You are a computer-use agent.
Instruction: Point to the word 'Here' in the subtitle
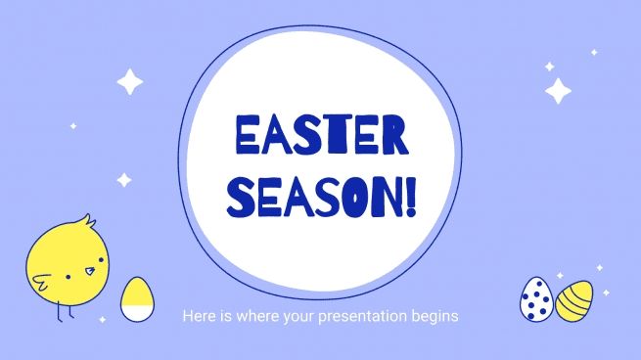click(196, 317)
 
